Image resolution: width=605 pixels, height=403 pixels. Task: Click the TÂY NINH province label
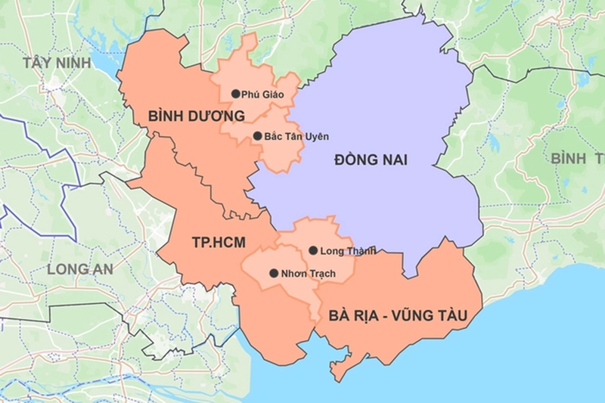57,63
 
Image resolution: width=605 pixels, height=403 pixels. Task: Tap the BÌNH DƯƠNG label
197,116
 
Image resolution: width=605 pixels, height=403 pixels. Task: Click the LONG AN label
79,268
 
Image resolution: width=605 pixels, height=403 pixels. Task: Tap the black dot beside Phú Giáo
235,94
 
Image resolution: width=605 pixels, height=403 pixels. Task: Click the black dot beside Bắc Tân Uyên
257,136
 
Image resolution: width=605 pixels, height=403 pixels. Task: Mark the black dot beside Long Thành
313,250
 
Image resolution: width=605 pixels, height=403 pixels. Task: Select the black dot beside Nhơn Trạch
273,273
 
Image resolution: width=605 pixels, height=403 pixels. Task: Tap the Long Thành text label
348,250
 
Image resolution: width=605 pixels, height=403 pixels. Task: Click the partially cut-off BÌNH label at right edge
569,158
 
